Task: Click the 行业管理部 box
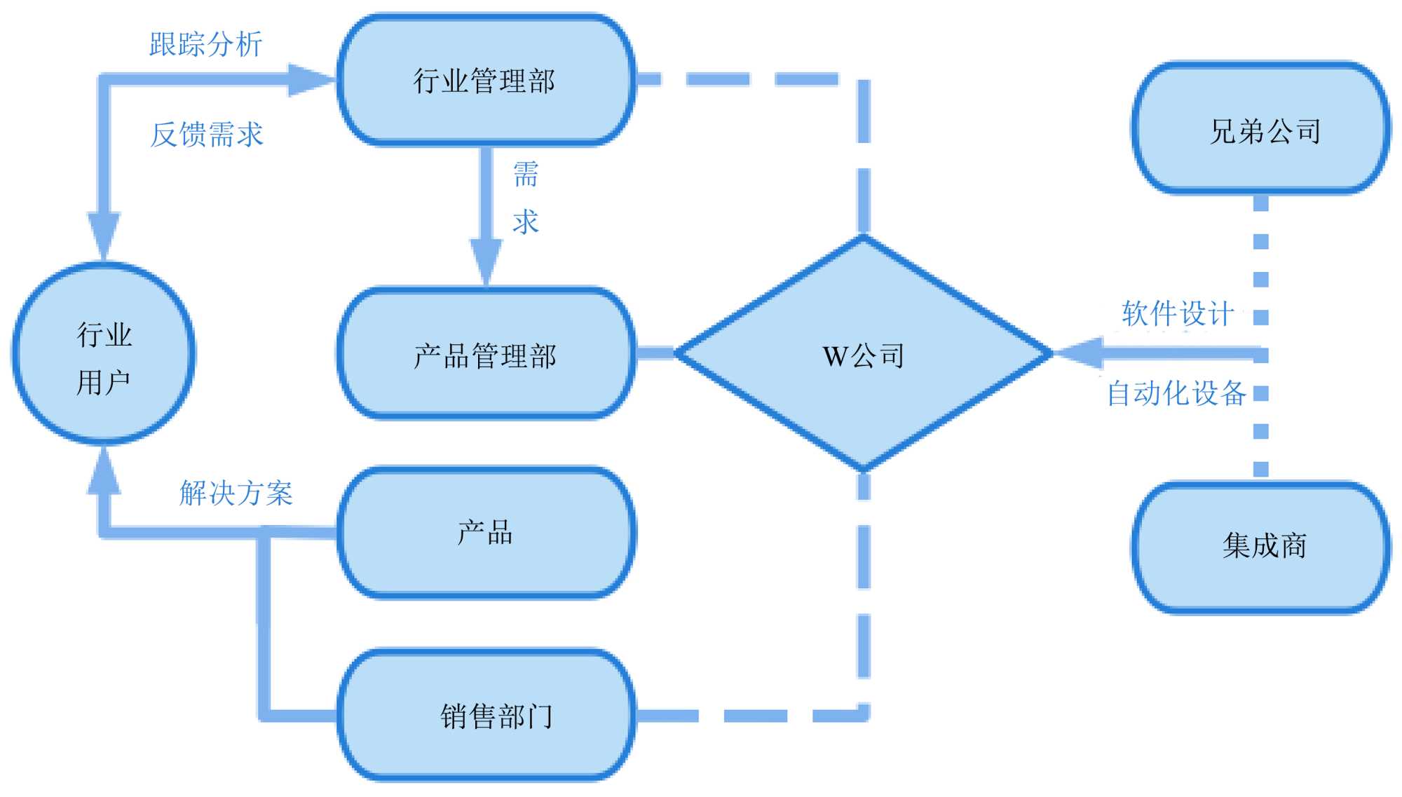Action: pyautogui.click(x=486, y=81)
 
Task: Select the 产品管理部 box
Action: pyautogui.click(x=486, y=354)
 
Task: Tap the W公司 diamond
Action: pyautogui.click(x=864, y=354)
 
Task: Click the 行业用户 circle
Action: pyautogui.click(x=104, y=354)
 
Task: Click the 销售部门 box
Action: pyautogui.click(x=486, y=715)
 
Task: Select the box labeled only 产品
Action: pyautogui.click(x=486, y=533)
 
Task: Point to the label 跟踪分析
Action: pyautogui.click(x=205, y=44)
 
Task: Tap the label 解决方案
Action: pyautogui.click(x=236, y=493)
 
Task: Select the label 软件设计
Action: pyautogui.click(x=1178, y=313)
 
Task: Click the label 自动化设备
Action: pyautogui.click(x=1176, y=393)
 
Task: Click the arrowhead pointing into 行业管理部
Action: pyautogui.click(x=312, y=80)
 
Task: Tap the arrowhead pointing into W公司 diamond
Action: pyautogui.click(x=1080, y=353)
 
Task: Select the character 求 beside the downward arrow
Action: pyautogui.click(x=526, y=222)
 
